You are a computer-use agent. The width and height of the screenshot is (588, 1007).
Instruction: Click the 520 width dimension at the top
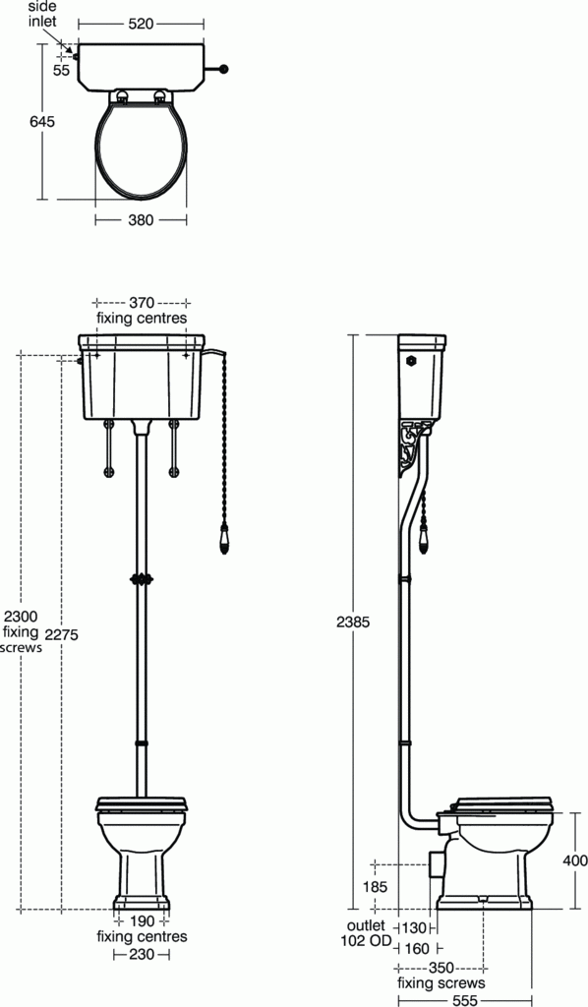pos(141,23)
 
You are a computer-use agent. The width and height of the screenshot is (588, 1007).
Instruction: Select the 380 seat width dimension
pos(141,220)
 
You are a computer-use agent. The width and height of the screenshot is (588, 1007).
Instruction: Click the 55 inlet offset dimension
pos(61,71)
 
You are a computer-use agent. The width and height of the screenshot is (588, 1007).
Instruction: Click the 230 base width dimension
pos(142,954)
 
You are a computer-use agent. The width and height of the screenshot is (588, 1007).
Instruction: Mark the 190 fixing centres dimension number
pos(142,920)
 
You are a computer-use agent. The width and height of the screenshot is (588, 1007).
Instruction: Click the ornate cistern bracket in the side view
pos(412,446)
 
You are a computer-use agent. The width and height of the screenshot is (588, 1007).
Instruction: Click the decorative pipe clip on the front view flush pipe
pos(144,578)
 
